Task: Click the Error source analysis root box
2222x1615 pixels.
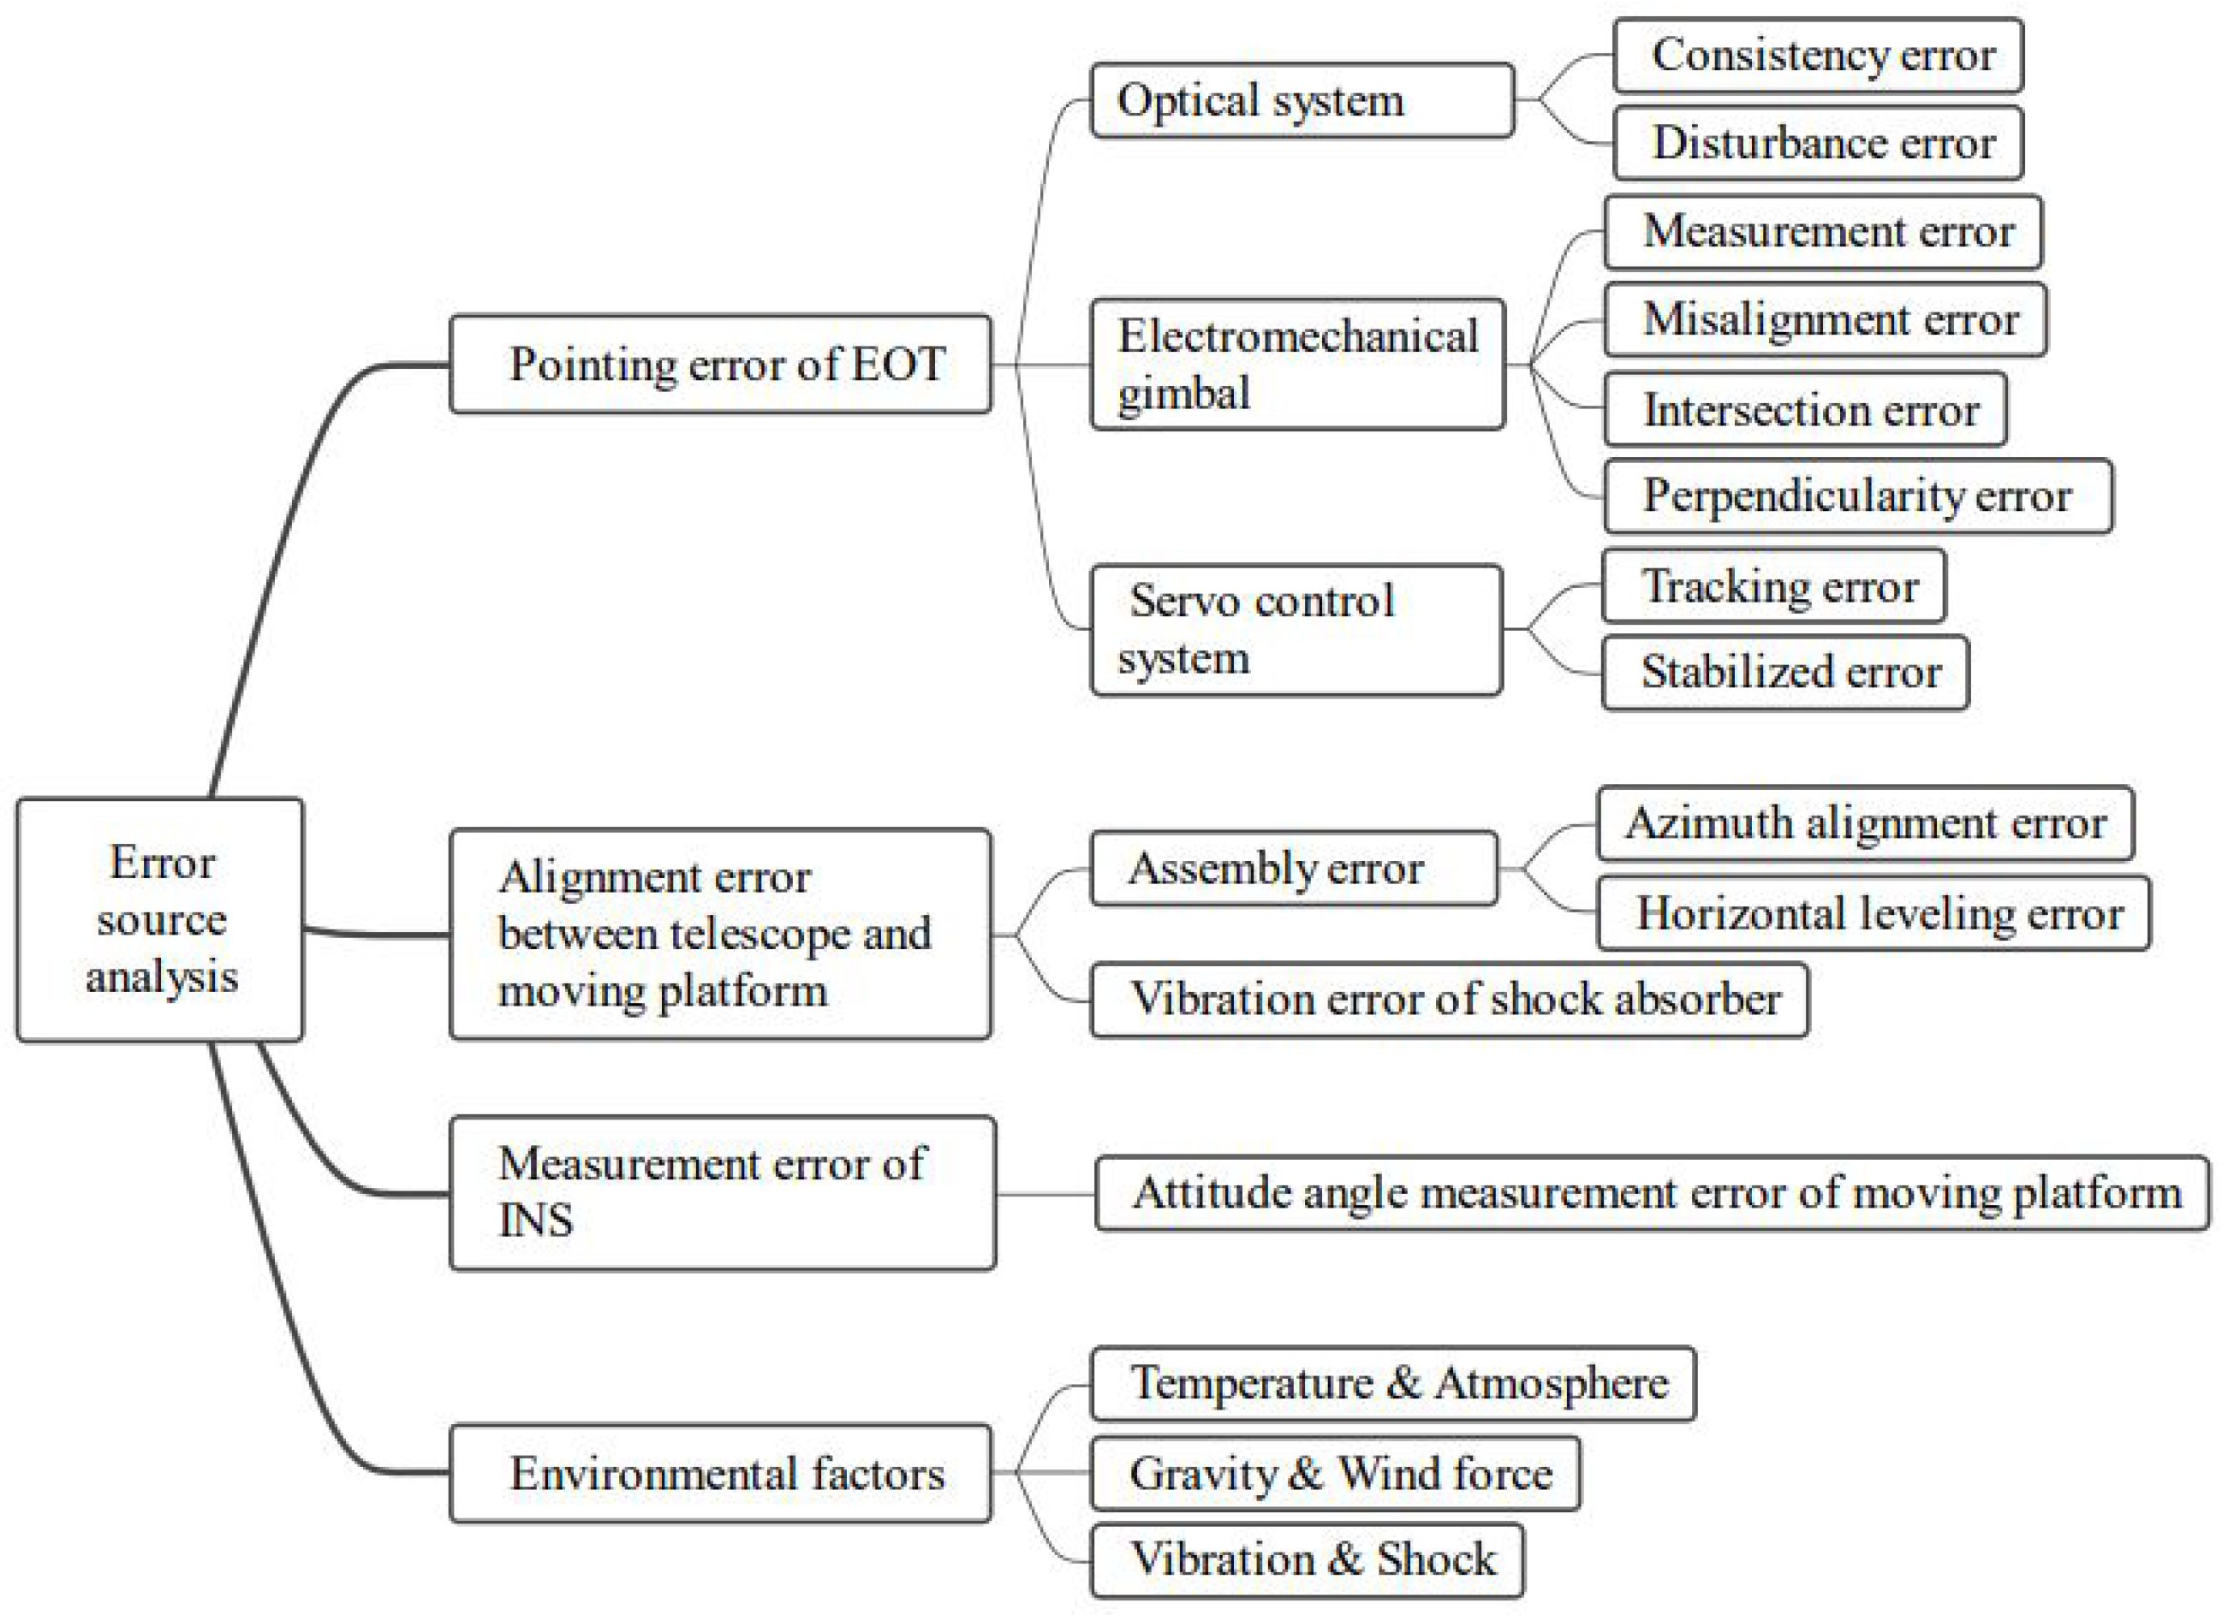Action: [x=160, y=918]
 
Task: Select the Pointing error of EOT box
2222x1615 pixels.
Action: [x=720, y=364]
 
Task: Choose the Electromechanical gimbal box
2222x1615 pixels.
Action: [x=1297, y=365]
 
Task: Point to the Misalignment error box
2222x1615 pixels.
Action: [x=1824, y=319]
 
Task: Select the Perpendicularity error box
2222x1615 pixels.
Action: [x=1857, y=496]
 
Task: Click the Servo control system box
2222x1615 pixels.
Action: [x=1296, y=630]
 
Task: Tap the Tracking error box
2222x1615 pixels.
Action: [x=1773, y=585]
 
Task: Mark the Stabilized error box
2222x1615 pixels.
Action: [x=1784, y=673]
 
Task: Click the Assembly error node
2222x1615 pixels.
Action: [x=1293, y=868]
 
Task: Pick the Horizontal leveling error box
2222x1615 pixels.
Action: [x=1874, y=913]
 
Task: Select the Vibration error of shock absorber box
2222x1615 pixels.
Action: [x=1449, y=999]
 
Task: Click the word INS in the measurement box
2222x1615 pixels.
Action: [x=535, y=1220]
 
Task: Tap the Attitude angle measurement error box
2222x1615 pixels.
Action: [x=1652, y=1193]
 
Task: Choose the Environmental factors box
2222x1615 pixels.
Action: [x=720, y=1473]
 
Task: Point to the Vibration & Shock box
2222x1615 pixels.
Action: [x=1307, y=1559]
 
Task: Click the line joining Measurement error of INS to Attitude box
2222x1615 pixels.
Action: [x=1045, y=1194]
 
